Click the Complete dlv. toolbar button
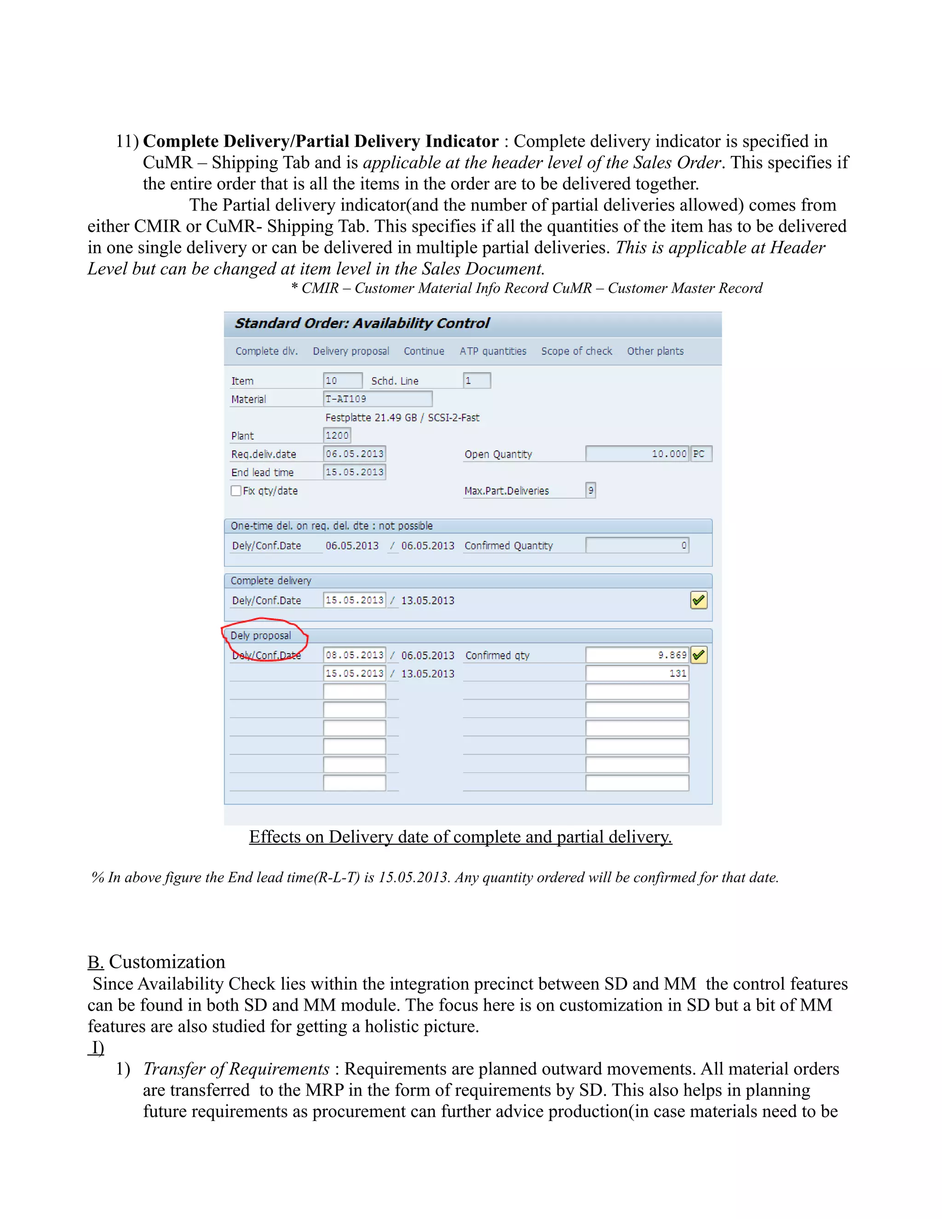coord(266,351)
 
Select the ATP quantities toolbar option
coord(493,351)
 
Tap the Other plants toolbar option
coord(655,351)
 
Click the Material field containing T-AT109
coord(377,398)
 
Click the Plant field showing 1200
coord(337,435)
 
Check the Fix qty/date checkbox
coord(236,491)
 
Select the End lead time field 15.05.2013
coord(354,472)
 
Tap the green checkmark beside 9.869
coord(698,655)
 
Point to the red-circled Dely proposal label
coord(261,636)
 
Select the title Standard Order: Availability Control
coord(362,323)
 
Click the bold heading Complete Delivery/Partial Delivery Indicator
coord(320,141)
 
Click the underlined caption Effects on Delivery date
coord(460,837)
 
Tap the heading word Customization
coord(167,962)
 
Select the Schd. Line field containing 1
coord(477,381)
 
